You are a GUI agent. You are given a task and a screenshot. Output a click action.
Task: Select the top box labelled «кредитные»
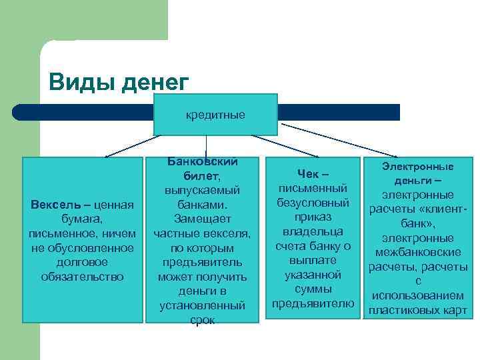215,115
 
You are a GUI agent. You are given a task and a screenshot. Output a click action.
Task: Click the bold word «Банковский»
203,162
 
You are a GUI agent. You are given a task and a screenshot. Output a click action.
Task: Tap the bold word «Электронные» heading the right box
418,167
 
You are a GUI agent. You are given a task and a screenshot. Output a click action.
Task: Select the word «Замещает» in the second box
202,219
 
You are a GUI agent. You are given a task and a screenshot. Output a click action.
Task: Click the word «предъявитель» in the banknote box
202,262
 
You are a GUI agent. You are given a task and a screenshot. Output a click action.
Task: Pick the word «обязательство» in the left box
83,276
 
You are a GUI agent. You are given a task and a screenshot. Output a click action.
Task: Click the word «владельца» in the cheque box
313,231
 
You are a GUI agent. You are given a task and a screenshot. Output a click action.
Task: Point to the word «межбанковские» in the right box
418,253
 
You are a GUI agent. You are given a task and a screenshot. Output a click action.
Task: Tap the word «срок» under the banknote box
202,320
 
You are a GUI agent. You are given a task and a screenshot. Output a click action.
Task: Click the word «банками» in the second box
202,204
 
